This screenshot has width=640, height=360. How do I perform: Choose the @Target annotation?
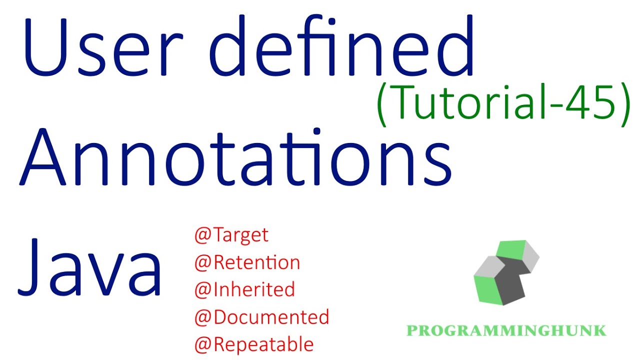pyautogui.click(x=231, y=235)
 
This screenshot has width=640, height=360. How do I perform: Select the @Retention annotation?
pyautogui.click(x=247, y=262)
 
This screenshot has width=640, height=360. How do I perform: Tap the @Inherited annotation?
pyautogui.click(x=244, y=289)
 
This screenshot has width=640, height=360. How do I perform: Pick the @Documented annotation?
pyautogui.click(x=261, y=317)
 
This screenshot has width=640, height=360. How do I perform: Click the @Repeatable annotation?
pyautogui.click(x=254, y=344)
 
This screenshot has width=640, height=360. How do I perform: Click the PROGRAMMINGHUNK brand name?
pyautogui.click(x=506, y=330)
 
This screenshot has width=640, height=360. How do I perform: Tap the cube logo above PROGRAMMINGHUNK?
pyautogui.click(x=506, y=272)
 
